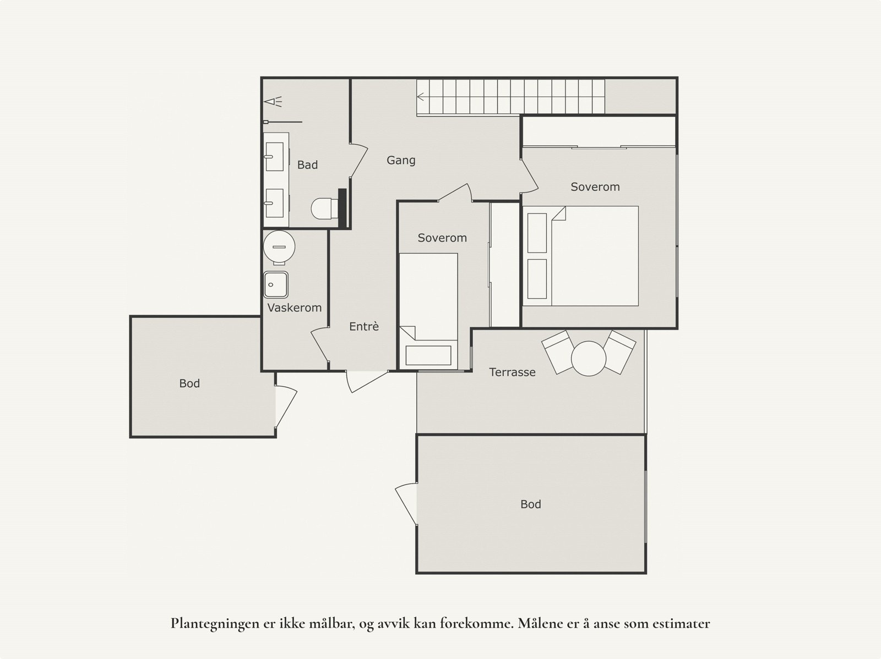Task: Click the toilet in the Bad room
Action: [x=324, y=208]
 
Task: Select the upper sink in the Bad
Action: [x=276, y=156]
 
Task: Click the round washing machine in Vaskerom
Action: [x=279, y=248]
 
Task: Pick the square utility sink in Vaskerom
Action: [x=275, y=285]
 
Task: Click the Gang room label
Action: [x=401, y=161]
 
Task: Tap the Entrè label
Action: [x=364, y=327]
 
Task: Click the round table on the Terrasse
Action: [x=589, y=358]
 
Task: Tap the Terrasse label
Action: [x=512, y=372]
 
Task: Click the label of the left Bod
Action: [x=189, y=384]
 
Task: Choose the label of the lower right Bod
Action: [x=531, y=504]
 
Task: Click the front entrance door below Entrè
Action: [x=366, y=381]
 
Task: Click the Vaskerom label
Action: [x=294, y=308]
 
